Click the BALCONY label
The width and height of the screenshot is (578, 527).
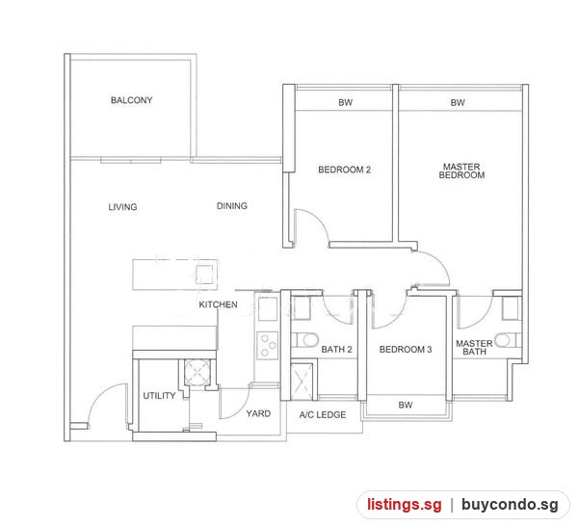click(132, 100)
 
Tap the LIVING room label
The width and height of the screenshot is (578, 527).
click(122, 207)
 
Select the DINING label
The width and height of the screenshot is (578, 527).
click(232, 206)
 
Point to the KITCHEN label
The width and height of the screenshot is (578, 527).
click(219, 304)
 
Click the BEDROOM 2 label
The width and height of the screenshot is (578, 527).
click(344, 170)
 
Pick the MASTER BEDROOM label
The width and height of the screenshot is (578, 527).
click(461, 171)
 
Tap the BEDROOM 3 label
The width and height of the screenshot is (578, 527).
click(406, 349)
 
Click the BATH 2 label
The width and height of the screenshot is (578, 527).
click(336, 349)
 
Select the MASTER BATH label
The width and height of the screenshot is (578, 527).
click(474, 348)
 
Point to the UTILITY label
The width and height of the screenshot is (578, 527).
click(159, 396)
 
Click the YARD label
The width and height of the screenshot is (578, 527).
click(258, 413)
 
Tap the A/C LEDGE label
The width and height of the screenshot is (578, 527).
click(323, 415)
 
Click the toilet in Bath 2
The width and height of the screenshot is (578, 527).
click(305, 340)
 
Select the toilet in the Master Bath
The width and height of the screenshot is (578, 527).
click(508, 340)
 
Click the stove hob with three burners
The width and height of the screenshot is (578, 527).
click(268, 346)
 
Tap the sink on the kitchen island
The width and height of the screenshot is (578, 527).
click(204, 275)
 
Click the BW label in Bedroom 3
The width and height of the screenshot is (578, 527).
click(406, 405)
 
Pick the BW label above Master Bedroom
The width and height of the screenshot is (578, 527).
click(458, 102)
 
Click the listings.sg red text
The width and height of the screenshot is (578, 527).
click(405, 504)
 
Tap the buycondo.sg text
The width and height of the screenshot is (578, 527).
click(510, 504)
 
